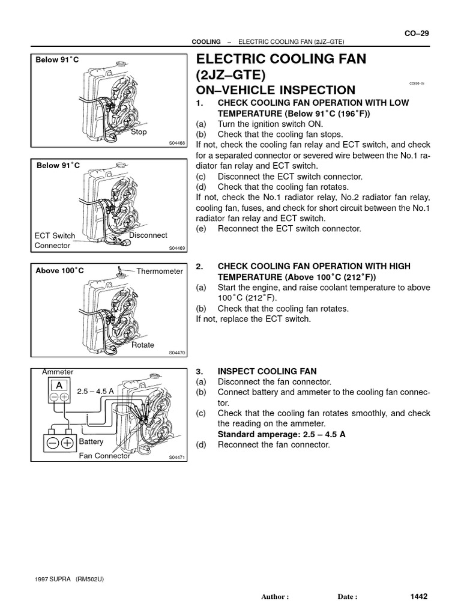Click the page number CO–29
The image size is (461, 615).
click(x=416, y=33)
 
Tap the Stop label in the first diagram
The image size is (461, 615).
click(x=139, y=132)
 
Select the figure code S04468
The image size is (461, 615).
click(x=178, y=143)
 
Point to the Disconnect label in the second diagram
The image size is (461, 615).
click(x=148, y=235)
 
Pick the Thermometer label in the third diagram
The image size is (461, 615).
click(x=159, y=271)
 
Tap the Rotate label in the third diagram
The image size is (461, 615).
click(x=143, y=345)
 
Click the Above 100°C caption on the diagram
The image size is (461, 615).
click(x=60, y=271)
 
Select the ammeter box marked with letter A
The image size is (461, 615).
click(x=59, y=385)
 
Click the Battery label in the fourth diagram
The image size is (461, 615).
click(x=91, y=441)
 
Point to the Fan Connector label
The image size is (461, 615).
click(x=104, y=456)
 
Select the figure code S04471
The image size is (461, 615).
click(x=178, y=458)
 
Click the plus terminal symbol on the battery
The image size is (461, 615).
click(x=67, y=443)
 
